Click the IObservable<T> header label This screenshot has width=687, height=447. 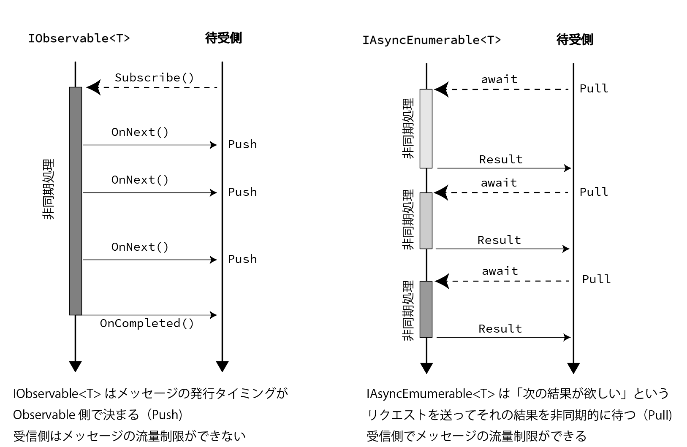[79, 38]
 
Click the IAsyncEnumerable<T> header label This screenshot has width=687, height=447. [432, 40]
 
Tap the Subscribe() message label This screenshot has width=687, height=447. [155, 78]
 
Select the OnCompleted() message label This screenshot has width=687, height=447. [147, 323]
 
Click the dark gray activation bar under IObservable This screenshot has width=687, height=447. [76, 201]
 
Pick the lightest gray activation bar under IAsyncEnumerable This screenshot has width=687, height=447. [426, 128]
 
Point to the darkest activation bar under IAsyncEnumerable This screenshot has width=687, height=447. [426, 309]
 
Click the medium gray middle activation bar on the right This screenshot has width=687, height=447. [426, 220]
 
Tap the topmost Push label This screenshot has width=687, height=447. [242, 144]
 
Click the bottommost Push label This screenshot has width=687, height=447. [242, 259]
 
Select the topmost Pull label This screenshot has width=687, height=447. [594, 89]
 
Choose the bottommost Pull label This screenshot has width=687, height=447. [596, 279]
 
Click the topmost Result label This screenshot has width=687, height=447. [501, 160]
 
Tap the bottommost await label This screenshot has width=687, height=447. [500, 271]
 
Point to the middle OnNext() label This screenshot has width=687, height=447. [140, 180]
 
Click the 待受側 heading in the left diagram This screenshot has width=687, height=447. [223, 38]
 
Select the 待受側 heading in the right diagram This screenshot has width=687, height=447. [575, 40]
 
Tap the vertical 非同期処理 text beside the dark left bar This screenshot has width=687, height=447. [49, 189]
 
